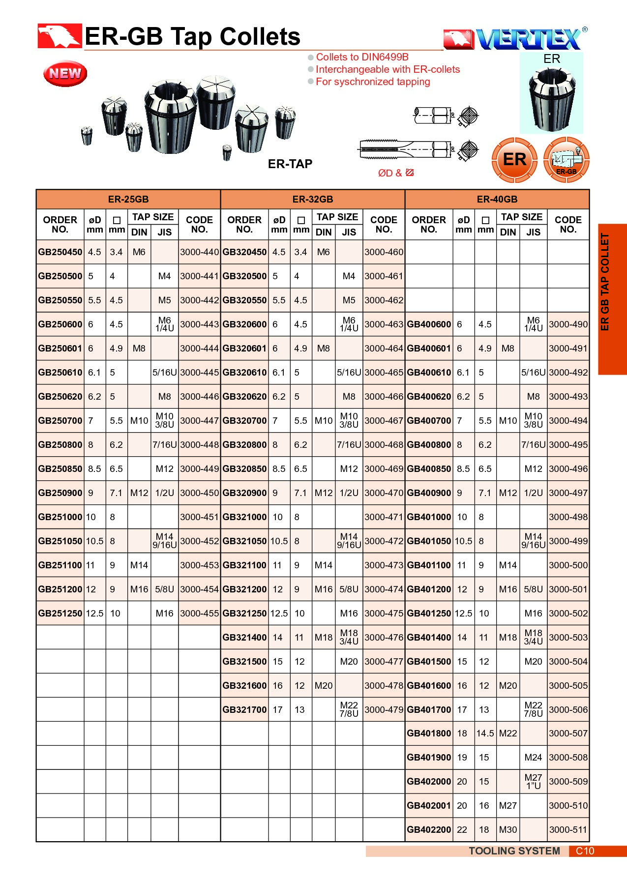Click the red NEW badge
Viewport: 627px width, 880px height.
click(x=65, y=74)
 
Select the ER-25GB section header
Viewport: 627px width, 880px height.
click(x=128, y=199)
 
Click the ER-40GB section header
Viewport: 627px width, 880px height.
click(x=497, y=199)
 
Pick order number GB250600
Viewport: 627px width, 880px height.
click(x=60, y=324)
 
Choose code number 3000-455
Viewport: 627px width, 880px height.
click(x=199, y=614)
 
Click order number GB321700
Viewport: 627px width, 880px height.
click(x=244, y=710)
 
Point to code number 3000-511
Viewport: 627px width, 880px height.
click(x=568, y=830)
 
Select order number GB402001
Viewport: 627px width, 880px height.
click(x=429, y=806)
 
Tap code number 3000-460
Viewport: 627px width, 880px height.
click(x=384, y=252)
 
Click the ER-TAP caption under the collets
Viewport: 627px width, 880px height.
click(x=290, y=164)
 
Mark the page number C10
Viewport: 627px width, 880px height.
click(x=585, y=851)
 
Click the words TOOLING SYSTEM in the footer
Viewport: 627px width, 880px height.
click(x=514, y=851)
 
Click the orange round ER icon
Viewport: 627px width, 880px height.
click(x=514, y=160)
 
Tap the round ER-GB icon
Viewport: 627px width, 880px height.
click(x=566, y=160)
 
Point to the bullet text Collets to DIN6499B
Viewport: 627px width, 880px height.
click(x=362, y=57)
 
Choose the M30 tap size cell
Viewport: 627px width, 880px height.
click(x=508, y=830)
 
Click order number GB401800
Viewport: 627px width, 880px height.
click(x=429, y=733)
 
